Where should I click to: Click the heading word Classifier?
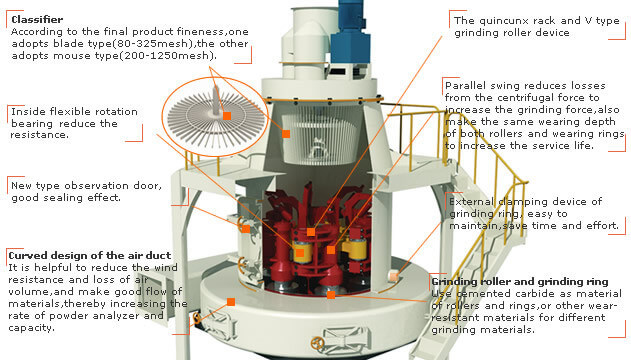click(37, 19)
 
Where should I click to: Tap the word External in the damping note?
click(472, 202)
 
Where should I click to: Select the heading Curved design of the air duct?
click(90, 255)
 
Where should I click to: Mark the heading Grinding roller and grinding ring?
click(520, 282)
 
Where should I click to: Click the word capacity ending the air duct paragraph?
click(30, 328)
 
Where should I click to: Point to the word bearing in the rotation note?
click(32, 123)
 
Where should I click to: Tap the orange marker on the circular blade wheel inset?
click(227, 116)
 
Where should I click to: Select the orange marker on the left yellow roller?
click(299, 253)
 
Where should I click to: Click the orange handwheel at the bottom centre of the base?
click(318, 343)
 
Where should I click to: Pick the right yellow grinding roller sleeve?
click(357, 248)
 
